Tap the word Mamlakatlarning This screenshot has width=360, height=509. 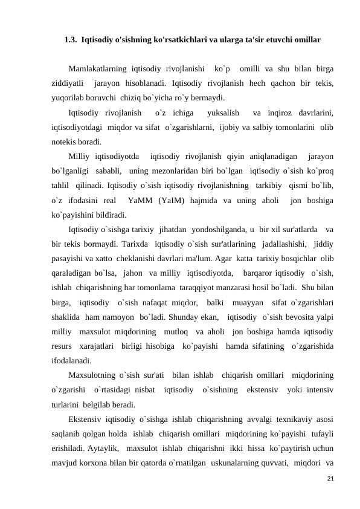tap(97, 68)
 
